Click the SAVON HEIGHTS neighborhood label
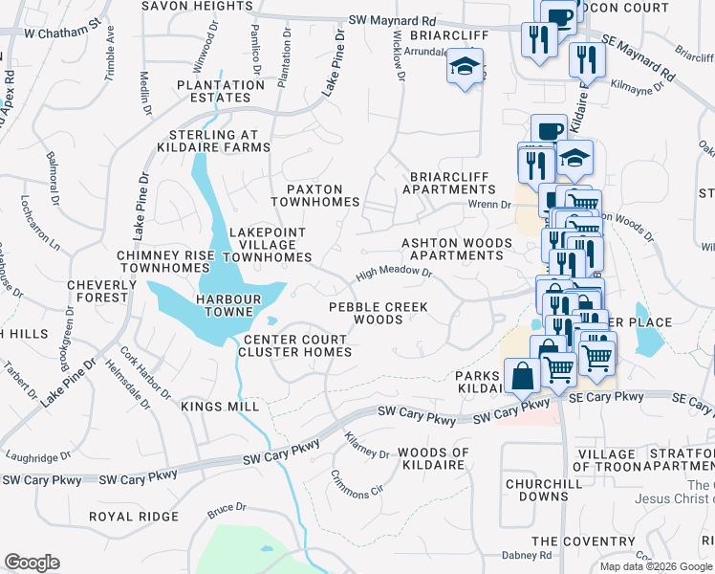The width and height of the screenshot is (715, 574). pyautogui.click(x=197, y=6)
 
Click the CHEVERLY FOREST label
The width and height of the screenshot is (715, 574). pyautogui.click(x=97, y=291)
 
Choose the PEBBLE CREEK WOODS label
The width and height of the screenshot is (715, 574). pyautogui.click(x=379, y=313)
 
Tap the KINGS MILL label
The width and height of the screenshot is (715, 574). pyautogui.click(x=220, y=407)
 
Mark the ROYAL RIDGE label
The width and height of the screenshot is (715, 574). pyautogui.click(x=134, y=517)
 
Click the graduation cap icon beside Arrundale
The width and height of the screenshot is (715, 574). pyautogui.click(x=466, y=67)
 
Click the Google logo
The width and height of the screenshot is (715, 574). pyautogui.click(x=32, y=563)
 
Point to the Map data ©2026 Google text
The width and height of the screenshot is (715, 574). pyautogui.click(x=656, y=566)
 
